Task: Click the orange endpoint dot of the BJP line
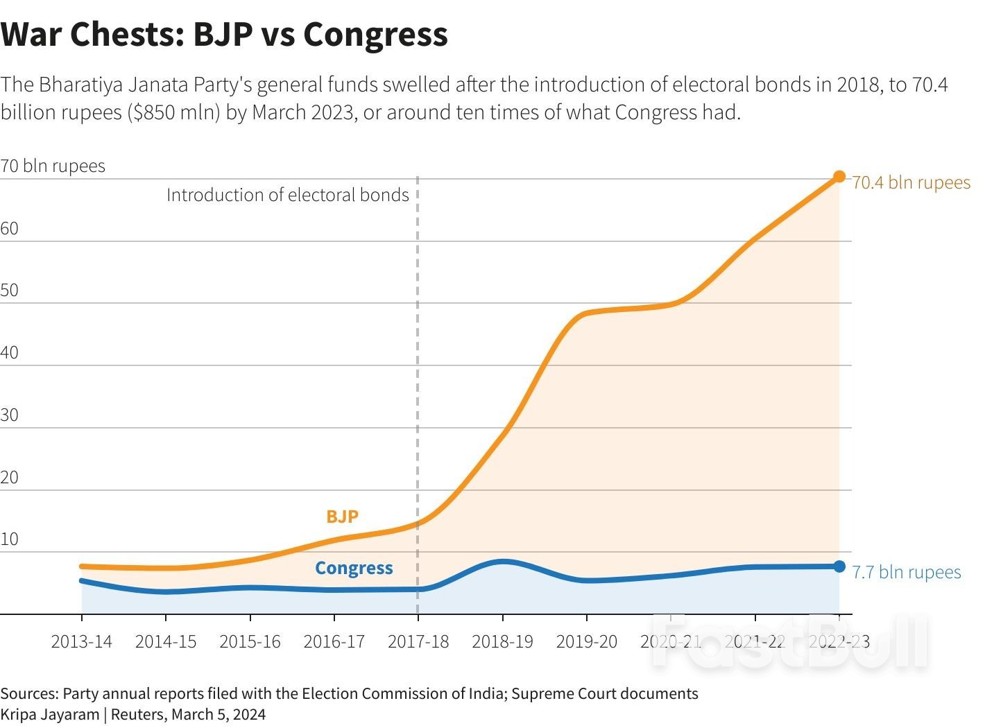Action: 839,177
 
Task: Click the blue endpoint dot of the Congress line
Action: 839,566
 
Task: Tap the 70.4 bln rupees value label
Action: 911,182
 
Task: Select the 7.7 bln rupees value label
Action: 906,572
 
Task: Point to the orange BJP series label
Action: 342,517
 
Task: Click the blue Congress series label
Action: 354,568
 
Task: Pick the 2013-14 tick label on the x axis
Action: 81,641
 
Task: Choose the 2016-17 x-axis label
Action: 334,641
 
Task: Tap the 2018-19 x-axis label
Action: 502,641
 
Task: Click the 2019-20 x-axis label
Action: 586,641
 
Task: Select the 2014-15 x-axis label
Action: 166,641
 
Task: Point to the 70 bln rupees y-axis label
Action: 53,166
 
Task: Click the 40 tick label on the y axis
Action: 10,352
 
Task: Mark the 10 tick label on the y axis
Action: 10,539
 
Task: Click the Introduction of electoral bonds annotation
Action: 287,195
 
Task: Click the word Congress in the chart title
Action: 375,34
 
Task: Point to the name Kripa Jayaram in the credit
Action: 50,714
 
